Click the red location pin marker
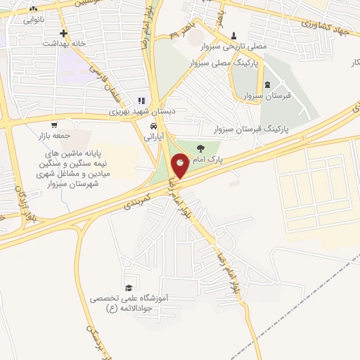pos(181,165)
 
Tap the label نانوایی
pos(33,20)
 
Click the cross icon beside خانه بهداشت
pos(64,33)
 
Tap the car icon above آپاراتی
pos(151,126)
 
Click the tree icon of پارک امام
pos(202,148)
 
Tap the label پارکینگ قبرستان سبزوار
pos(250,131)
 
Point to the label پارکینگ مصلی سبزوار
pos(224,63)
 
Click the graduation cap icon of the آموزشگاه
pos(128,288)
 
